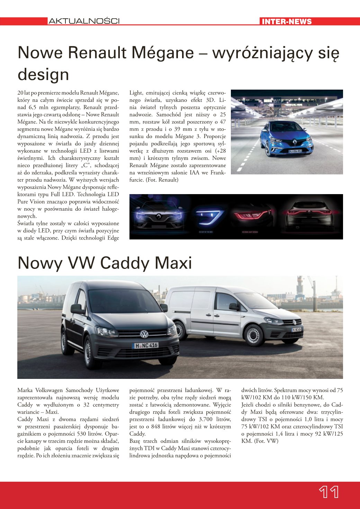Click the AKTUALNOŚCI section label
(84, 21)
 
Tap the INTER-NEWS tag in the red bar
(287, 21)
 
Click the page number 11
(328, 492)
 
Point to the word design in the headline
(43, 74)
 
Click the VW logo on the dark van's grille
(144, 334)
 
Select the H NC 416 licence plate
(146, 345)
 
